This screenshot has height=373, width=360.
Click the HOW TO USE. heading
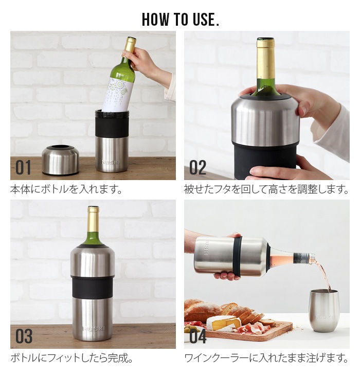click(180, 19)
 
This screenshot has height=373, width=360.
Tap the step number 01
click(23, 168)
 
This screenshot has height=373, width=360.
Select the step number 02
click(197, 168)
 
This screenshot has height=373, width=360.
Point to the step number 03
click(24, 336)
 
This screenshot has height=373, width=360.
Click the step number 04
click(197, 336)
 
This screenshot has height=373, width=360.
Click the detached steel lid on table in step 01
click(60, 160)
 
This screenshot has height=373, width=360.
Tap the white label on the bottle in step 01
click(117, 94)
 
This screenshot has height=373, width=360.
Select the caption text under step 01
click(67, 189)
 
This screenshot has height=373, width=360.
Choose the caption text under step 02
click(266, 189)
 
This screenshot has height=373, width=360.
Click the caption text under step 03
click(71, 358)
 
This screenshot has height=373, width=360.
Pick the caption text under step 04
click(266, 358)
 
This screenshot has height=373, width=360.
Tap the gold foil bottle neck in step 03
click(93, 220)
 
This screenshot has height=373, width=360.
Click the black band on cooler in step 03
click(93, 287)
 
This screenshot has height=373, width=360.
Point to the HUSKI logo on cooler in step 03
click(93, 327)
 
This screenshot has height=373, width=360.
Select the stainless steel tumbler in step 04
click(323, 309)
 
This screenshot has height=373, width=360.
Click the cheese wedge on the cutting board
click(222, 323)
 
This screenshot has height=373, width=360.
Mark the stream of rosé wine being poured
click(325, 275)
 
